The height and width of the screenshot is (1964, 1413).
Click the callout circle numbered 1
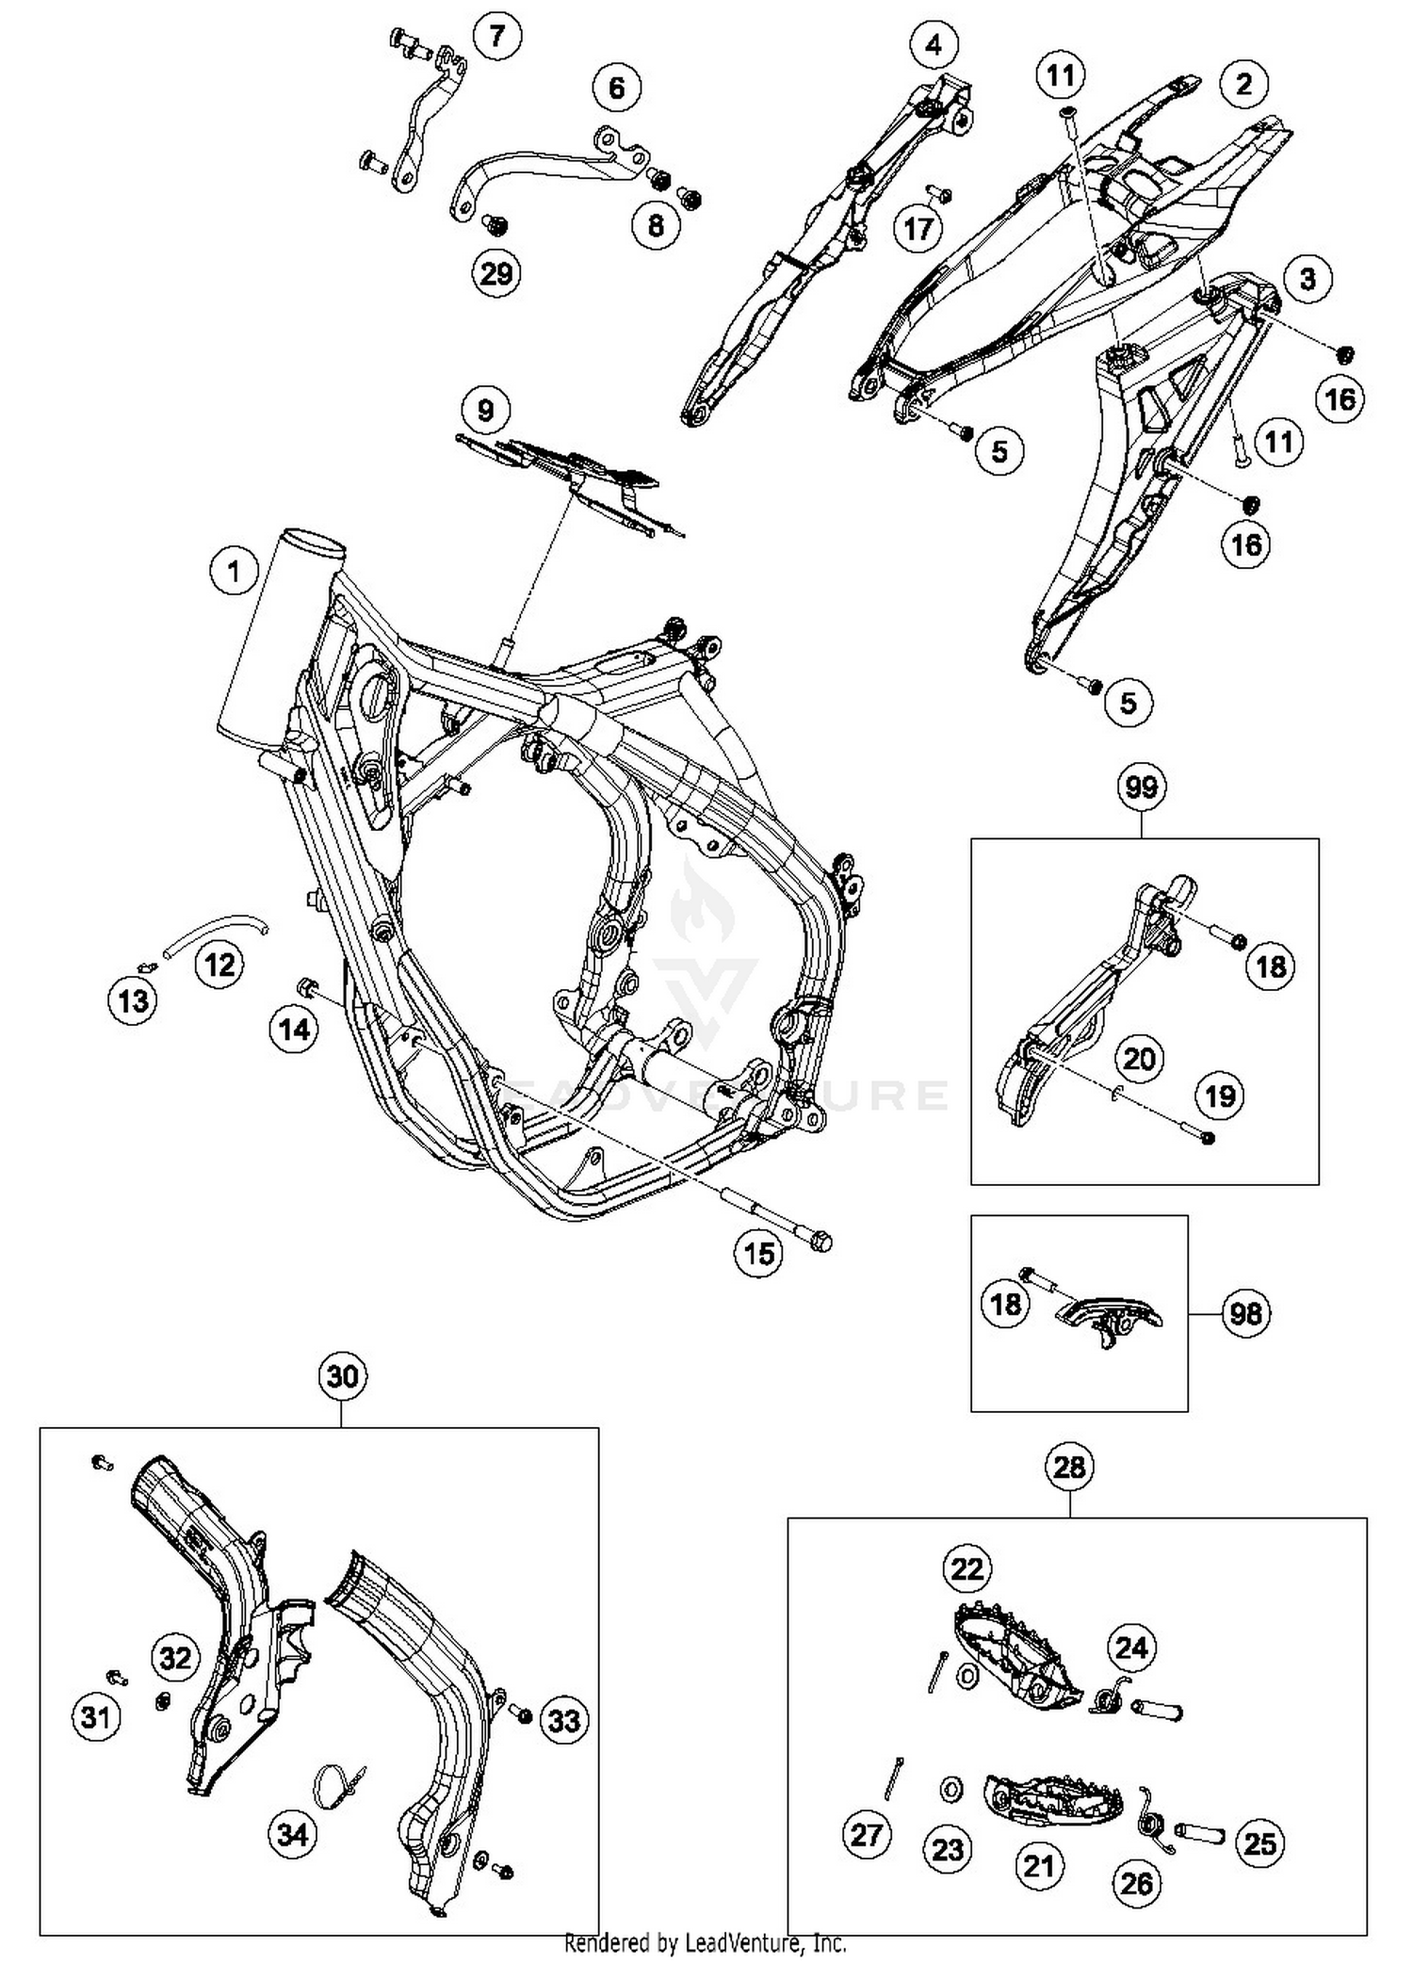point(234,572)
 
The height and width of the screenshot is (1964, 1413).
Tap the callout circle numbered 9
point(485,411)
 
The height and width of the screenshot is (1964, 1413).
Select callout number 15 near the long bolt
point(759,1252)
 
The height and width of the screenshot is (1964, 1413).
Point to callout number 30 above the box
point(343,1376)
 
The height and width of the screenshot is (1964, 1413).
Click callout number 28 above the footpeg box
point(1069,1467)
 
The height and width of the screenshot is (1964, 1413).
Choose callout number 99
point(1141,787)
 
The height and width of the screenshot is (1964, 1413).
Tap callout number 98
point(1245,1312)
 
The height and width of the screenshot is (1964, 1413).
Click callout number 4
point(933,44)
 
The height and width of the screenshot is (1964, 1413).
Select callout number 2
point(1243,84)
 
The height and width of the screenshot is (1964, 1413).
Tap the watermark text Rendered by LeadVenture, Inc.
point(706,1942)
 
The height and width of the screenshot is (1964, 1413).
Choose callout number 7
point(497,36)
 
